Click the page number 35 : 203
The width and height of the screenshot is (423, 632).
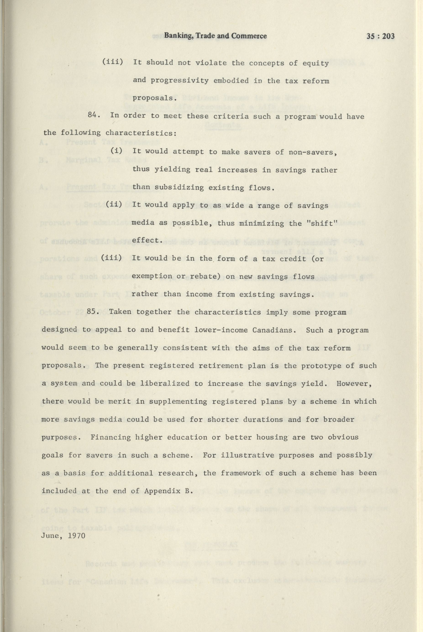click(380, 36)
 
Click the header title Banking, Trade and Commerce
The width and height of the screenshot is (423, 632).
click(215, 36)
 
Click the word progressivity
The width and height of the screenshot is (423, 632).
click(179, 81)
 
